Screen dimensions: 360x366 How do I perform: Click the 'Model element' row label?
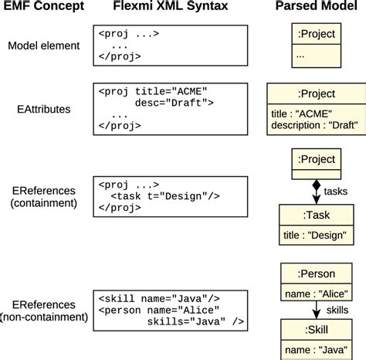tap(43, 46)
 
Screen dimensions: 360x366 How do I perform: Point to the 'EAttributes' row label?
tap(43, 110)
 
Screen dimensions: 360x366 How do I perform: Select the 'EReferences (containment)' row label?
tap(43, 197)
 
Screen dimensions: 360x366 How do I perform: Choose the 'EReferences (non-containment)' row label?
tap(43, 311)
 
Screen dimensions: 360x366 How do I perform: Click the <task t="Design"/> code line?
tap(165, 196)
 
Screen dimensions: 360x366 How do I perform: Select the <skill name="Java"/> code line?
tap(159, 297)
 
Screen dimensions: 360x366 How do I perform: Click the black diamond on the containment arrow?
tap(315, 186)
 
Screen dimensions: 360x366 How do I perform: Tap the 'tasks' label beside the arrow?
tap(336, 191)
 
